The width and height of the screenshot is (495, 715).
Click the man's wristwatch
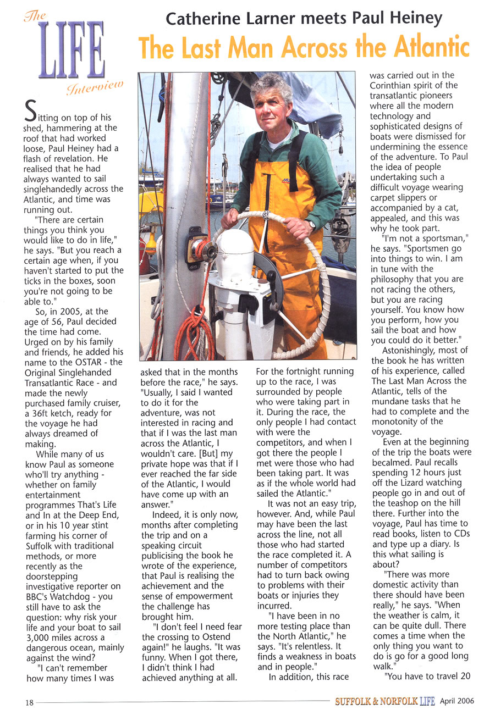click(312, 224)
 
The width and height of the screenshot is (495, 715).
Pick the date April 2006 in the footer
click(457, 701)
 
